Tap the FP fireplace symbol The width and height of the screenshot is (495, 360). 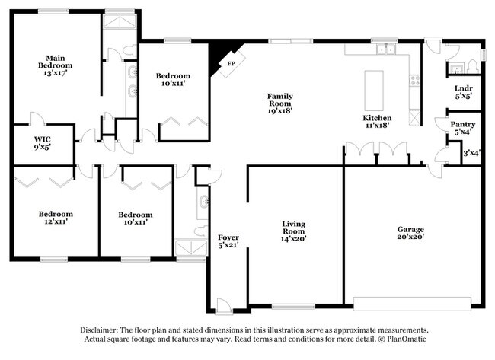click(x=227, y=62)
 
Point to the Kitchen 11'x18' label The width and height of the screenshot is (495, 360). click(x=377, y=123)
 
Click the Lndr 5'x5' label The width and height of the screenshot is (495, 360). click(x=463, y=92)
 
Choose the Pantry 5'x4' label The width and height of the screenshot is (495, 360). click(x=462, y=127)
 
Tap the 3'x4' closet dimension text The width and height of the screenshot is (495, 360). click(x=471, y=153)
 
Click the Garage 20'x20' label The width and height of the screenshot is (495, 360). click(x=410, y=234)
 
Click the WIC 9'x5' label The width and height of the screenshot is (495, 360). click(x=42, y=144)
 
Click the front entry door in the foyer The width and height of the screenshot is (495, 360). click(x=224, y=306)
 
